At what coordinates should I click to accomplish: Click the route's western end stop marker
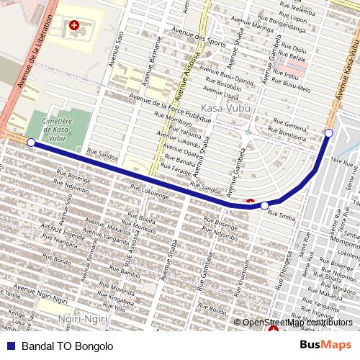[31, 143]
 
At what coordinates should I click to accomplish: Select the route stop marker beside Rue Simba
[265, 206]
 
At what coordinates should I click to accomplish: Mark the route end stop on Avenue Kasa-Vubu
[328, 132]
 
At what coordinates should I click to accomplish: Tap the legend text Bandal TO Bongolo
[67, 346]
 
